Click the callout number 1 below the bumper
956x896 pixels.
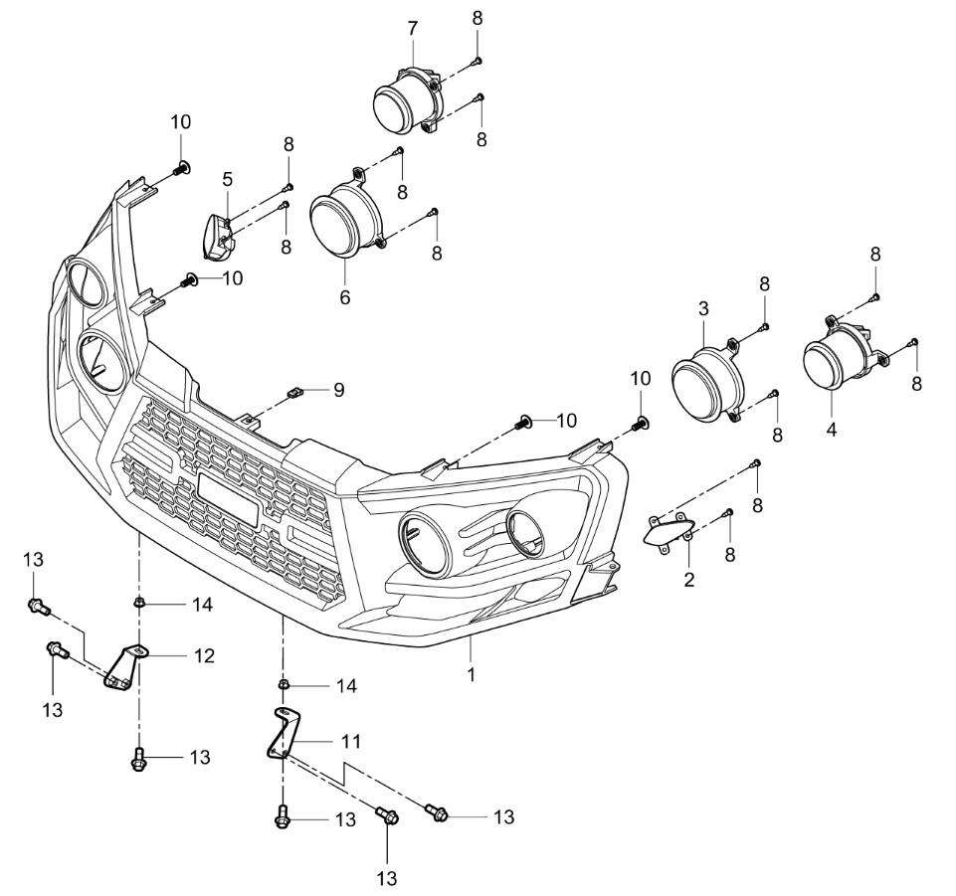click(x=472, y=674)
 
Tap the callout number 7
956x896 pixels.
click(x=413, y=27)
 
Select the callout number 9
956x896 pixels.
click(x=339, y=391)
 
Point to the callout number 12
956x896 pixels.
click(x=205, y=656)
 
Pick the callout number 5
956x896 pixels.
click(x=228, y=179)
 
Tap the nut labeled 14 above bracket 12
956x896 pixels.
click(x=140, y=603)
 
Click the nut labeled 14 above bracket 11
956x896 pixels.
click(x=284, y=685)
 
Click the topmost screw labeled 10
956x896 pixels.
click(x=181, y=169)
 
